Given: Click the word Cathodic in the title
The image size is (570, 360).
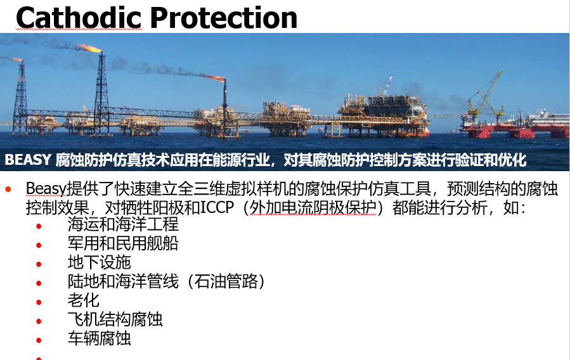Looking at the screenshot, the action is [x=79, y=18].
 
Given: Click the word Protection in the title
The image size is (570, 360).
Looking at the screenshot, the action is [x=224, y=18].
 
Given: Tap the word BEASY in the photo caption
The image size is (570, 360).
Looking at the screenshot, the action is [x=28, y=160].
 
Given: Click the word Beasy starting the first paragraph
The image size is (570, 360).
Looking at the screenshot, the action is [x=46, y=189].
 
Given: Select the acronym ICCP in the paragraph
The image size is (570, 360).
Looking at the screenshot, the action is [x=217, y=207].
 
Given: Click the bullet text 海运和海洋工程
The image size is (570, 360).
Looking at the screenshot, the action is [x=123, y=224].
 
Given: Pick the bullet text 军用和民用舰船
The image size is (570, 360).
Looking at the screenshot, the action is [x=123, y=243].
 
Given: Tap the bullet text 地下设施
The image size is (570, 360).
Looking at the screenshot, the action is [x=100, y=262].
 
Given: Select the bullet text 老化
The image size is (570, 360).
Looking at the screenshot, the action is [x=83, y=300].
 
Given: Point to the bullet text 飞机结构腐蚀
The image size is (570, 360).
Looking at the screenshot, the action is [x=115, y=319].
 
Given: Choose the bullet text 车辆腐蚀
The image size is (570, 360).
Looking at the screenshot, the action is [x=100, y=338].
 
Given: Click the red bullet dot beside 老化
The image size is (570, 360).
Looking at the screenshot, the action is [x=39, y=302].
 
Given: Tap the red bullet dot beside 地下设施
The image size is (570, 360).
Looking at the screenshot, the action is [x=39, y=264].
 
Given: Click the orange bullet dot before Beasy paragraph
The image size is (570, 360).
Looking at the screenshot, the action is [x=8, y=189].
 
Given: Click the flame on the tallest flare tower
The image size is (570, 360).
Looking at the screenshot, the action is [x=89, y=48].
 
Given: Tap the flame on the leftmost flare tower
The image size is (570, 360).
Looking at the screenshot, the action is [x=16, y=59].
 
